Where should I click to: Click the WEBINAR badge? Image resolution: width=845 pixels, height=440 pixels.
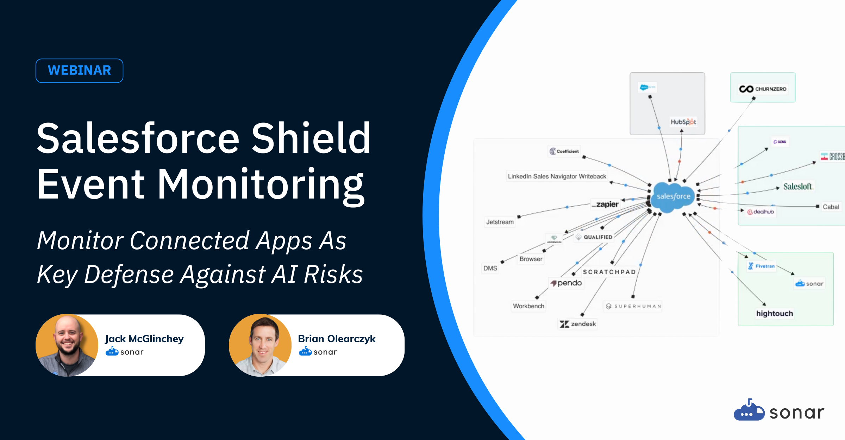[79, 70]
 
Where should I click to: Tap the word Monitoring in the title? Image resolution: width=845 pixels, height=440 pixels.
[261, 185]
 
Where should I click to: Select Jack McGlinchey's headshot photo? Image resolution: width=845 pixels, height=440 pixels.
[67, 345]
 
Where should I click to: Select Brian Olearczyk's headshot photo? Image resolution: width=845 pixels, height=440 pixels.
[260, 345]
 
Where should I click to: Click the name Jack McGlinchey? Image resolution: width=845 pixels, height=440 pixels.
[144, 339]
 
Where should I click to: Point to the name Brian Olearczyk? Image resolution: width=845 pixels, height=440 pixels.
[337, 339]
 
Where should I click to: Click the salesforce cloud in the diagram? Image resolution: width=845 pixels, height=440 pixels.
[673, 196]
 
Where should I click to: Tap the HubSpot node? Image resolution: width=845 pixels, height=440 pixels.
[683, 122]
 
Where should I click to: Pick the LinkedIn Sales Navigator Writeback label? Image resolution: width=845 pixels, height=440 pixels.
[557, 176]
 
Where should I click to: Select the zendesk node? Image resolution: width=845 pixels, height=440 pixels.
[578, 324]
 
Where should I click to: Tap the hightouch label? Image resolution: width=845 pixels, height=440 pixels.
[775, 313]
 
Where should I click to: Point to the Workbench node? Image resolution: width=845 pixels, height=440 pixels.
[528, 306]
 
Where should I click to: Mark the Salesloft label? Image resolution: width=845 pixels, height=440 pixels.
[797, 187]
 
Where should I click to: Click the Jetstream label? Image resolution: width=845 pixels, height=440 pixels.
[500, 222]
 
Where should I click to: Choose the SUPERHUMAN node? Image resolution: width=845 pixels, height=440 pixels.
[633, 306]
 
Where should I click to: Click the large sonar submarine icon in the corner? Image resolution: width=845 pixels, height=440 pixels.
[749, 410]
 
